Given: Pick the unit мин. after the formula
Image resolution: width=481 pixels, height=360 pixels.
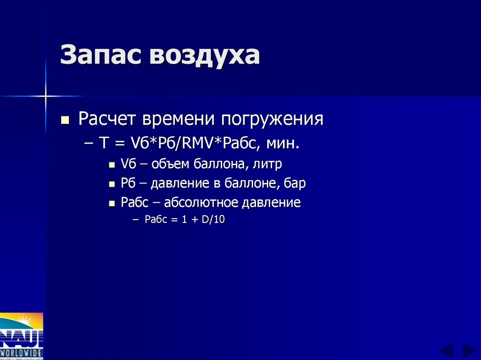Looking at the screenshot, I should pyautogui.click(x=283, y=143).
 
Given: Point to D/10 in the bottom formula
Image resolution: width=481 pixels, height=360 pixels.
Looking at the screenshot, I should pyautogui.click(x=214, y=219).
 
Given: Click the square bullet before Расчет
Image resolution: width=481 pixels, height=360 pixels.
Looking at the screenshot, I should pyautogui.click(x=65, y=120).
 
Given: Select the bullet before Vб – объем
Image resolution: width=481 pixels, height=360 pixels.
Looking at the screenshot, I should pyautogui.click(x=111, y=165).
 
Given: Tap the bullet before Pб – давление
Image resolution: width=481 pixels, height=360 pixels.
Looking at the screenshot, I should pyautogui.click(x=111, y=184).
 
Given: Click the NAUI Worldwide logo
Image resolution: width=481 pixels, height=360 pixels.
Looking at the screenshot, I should pyautogui.click(x=22, y=336).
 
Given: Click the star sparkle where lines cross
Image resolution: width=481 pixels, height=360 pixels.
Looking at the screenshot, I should pyautogui.click(x=46, y=96).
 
